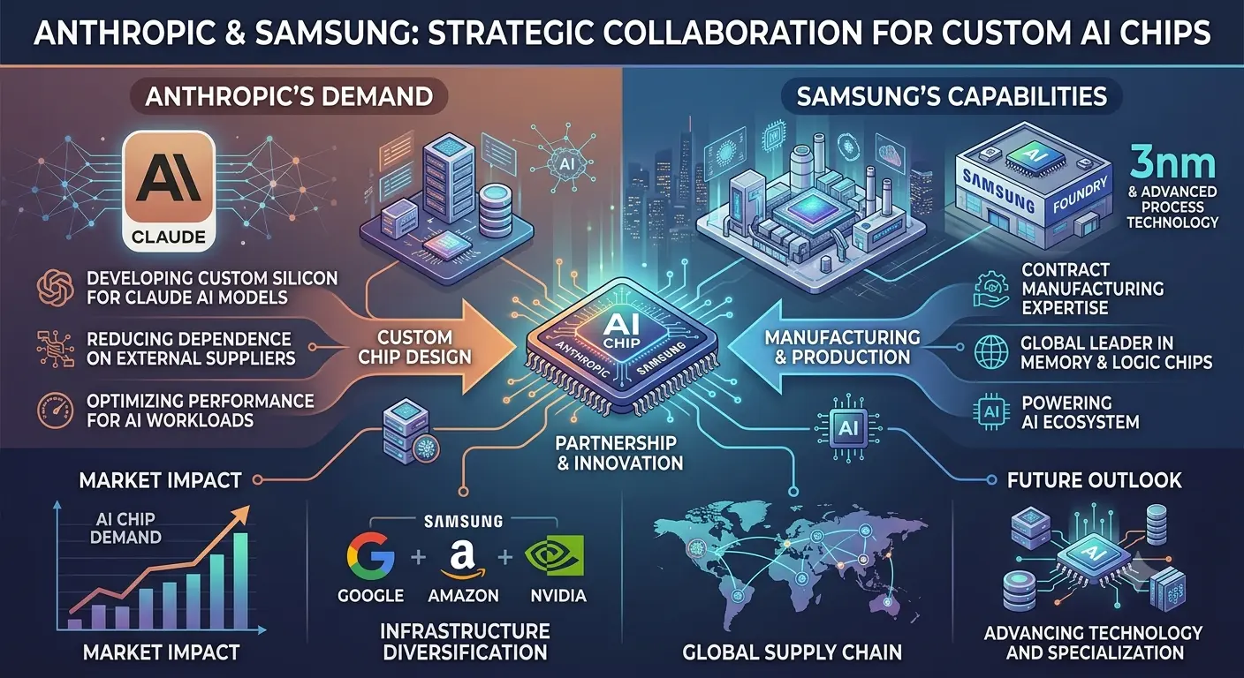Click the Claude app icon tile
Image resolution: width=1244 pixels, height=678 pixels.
168,191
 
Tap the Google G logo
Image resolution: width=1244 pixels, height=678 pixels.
370,556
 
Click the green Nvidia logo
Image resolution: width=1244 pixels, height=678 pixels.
554,555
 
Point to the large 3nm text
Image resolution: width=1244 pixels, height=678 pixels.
1172,164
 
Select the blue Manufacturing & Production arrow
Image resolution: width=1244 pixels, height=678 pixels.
822,347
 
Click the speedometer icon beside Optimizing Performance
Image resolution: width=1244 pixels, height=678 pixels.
55,411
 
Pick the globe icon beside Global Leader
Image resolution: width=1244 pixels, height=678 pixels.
991,352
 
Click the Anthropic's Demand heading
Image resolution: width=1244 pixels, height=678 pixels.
289,96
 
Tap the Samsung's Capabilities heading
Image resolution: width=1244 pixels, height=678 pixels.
952,96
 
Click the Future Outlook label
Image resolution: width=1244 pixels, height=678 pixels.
1094,480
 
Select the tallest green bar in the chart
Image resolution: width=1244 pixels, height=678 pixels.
240,581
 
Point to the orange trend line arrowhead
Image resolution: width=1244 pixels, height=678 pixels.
242,513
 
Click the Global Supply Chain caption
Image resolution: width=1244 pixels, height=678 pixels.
792,652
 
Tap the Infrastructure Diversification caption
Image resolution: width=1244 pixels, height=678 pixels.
466,642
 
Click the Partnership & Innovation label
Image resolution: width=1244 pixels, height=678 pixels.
619,453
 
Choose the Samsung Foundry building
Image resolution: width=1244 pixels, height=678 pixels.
1034,186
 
